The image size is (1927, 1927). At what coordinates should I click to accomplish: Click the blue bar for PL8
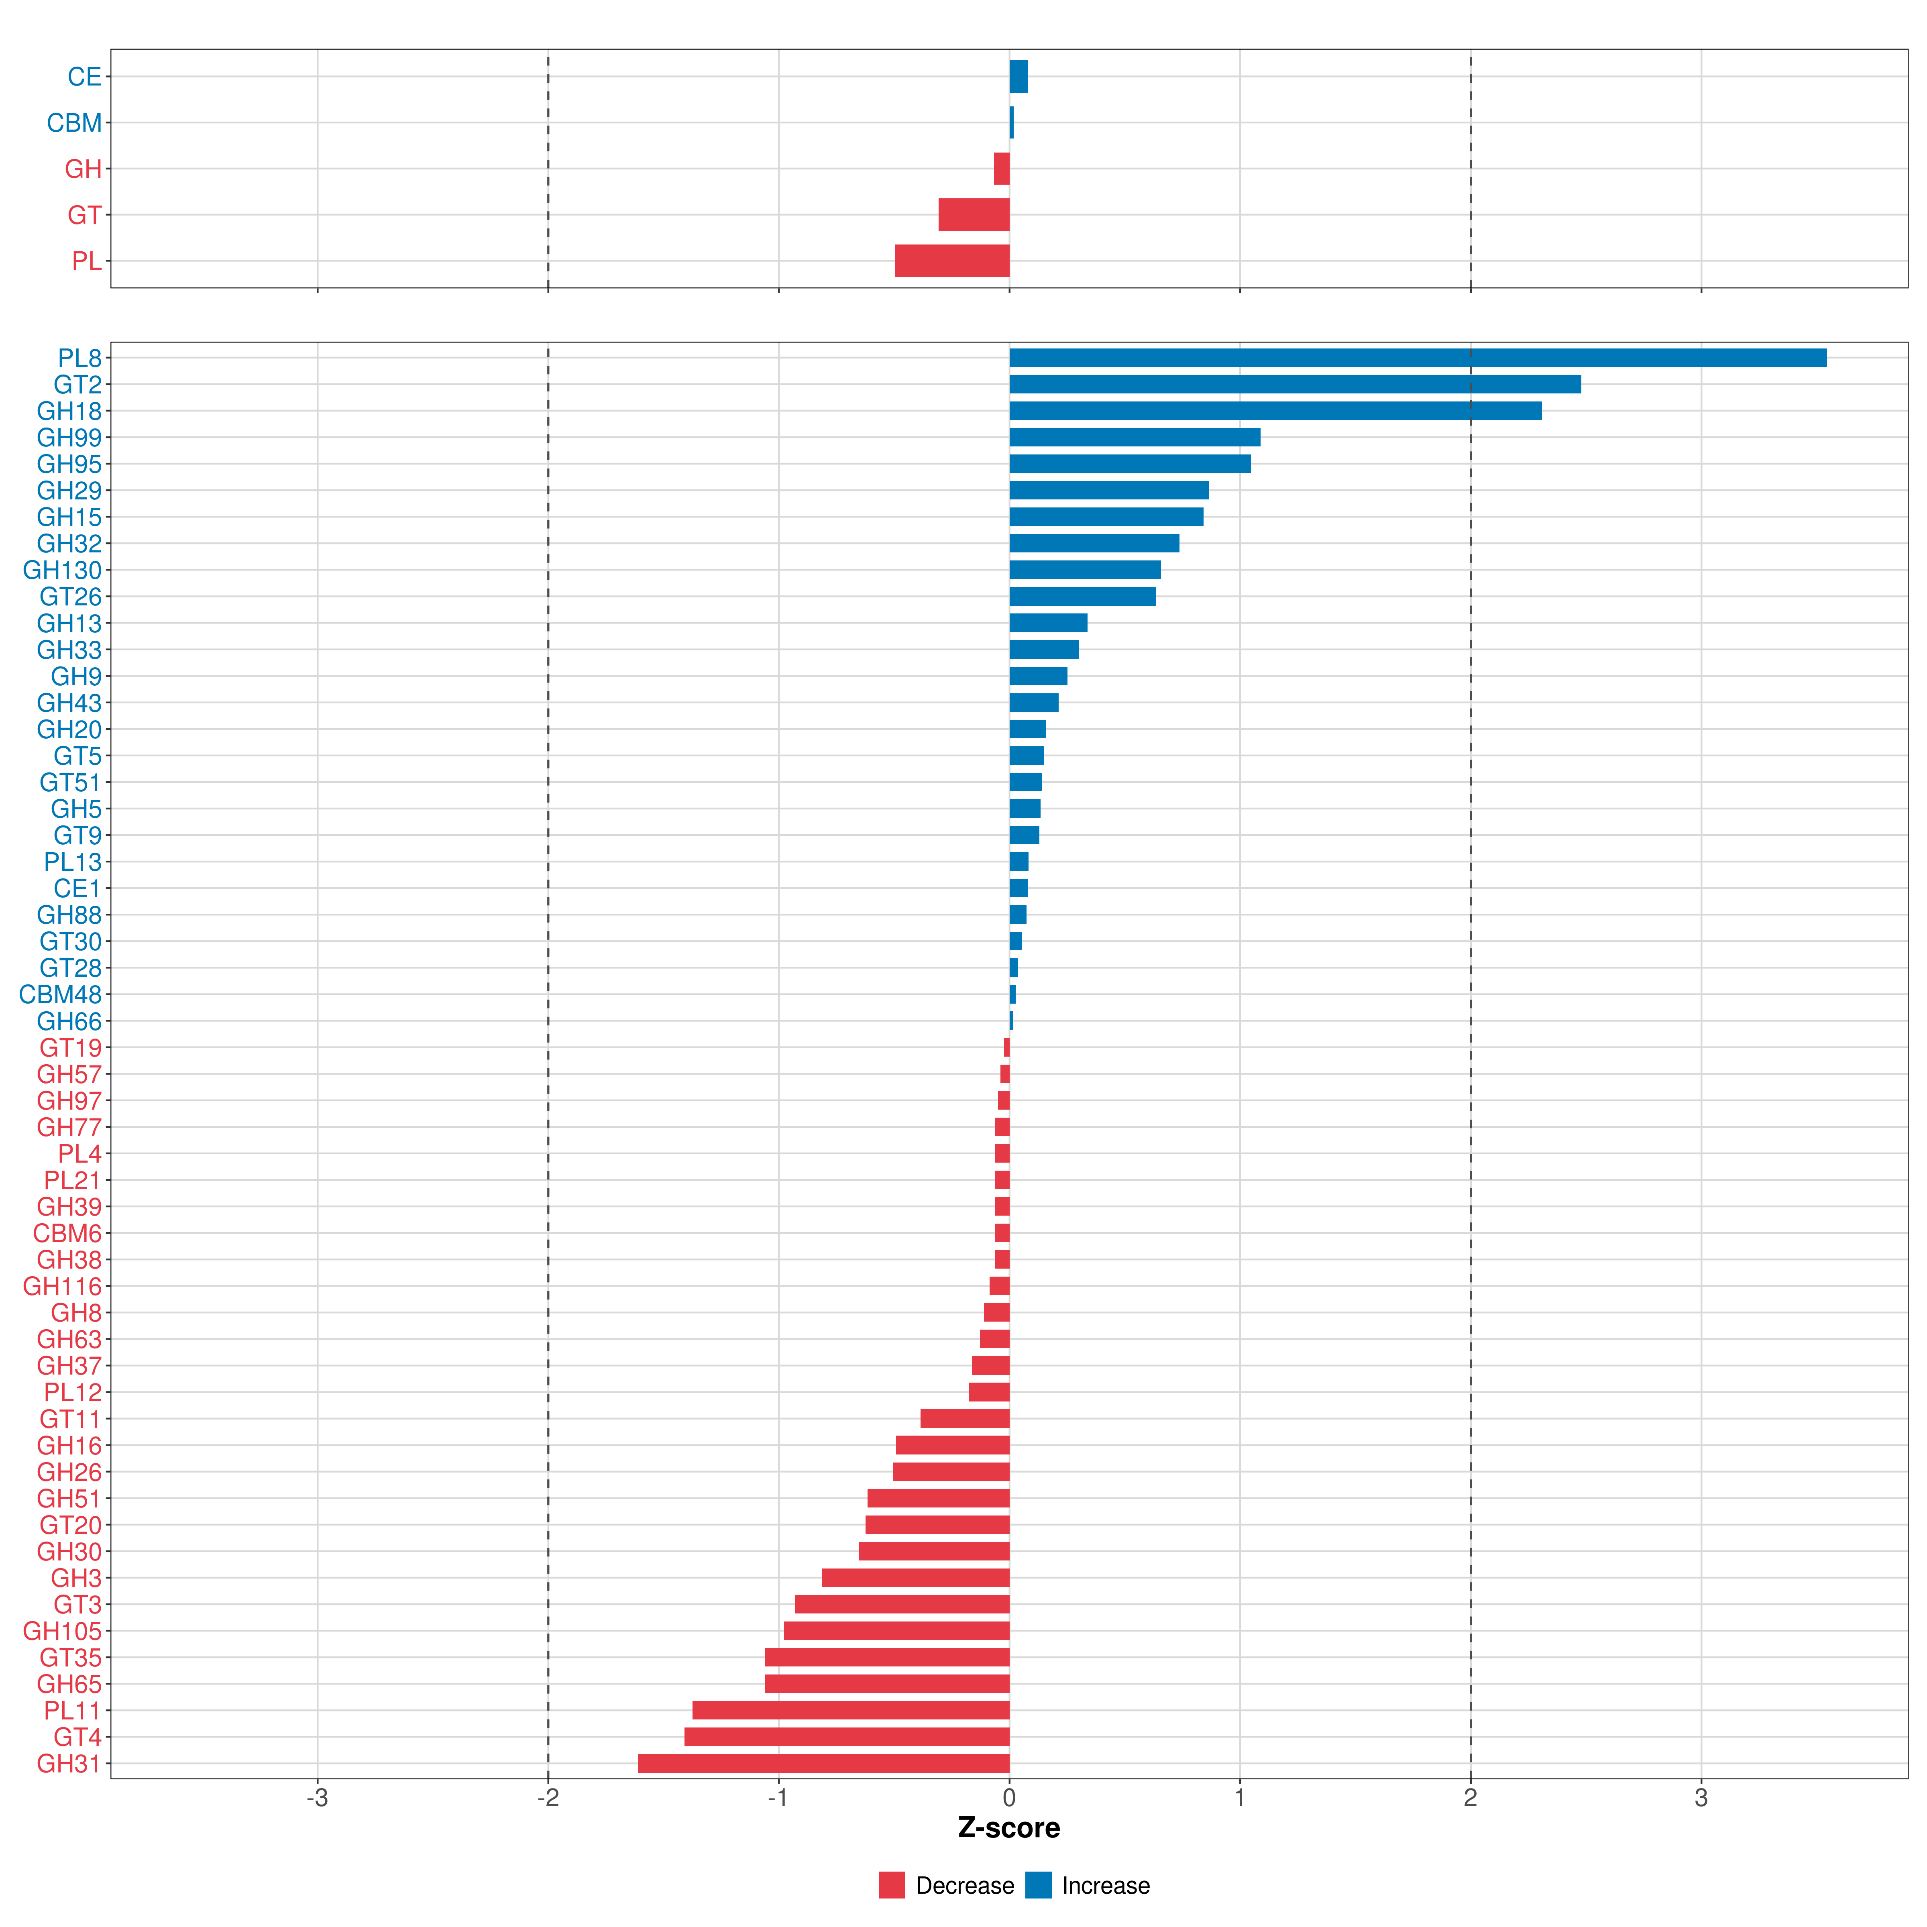tap(1416, 358)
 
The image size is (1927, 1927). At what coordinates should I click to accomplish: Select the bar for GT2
tap(1295, 384)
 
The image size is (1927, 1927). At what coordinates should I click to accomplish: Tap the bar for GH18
tap(1275, 411)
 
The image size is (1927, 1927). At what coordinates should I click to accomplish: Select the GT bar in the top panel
tap(974, 214)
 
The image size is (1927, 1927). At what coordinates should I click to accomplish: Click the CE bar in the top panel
tap(1018, 77)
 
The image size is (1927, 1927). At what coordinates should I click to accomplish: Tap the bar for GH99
tap(1134, 437)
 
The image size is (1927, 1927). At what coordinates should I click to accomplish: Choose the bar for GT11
tap(964, 1418)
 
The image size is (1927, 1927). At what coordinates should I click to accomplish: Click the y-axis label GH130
tap(62, 570)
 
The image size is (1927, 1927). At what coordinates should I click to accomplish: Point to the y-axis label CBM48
tap(60, 994)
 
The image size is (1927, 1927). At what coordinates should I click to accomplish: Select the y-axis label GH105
tap(62, 1631)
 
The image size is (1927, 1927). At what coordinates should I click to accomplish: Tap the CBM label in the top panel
tap(74, 123)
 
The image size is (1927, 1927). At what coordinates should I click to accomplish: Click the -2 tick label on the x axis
tap(548, 1797)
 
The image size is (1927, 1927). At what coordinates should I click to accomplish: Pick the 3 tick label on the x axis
tap(1701, 1797)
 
